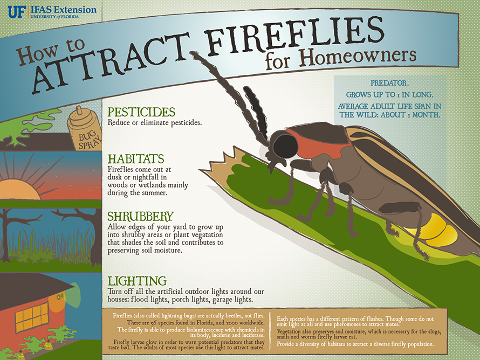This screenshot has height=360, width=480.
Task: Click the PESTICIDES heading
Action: pyautogui.click(x=141, y=112)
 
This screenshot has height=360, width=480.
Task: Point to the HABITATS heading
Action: pyautogui.click(x=136, y=159)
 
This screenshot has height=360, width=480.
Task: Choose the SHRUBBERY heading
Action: pyautogui.click(x=141, y=217)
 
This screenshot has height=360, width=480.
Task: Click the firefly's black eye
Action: pyautogui.click(x=285, y=146)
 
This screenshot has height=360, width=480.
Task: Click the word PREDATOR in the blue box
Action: pyautogui.click(x=389, y=83)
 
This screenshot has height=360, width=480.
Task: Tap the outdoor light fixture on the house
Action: pyautogui.click(x=60, y=296)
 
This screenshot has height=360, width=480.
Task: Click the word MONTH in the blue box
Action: pyautogui.click(x=427, y=115)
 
